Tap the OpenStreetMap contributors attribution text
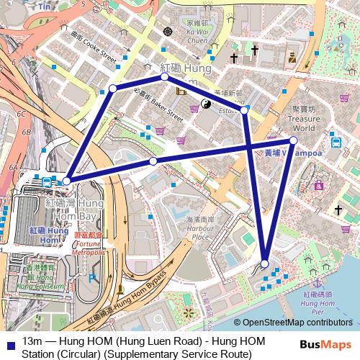click(x=297, y=323)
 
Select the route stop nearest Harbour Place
click(x=266, y=263)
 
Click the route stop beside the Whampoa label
click(x=294, y=140)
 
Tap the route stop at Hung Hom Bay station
click(x=67, y=181)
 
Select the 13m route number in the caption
click(x=32, y=341)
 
